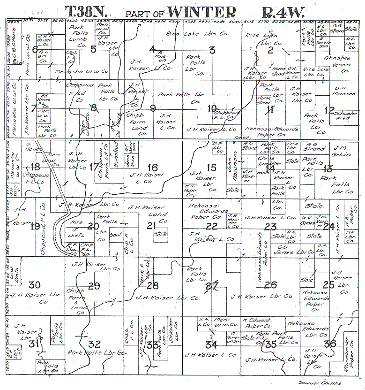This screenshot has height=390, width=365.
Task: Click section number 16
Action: click(153, 167)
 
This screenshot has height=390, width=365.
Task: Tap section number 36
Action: click(330, 344)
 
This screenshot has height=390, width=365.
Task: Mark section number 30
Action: click(34, 284)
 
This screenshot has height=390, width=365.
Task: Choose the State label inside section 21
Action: click(161, 233)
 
